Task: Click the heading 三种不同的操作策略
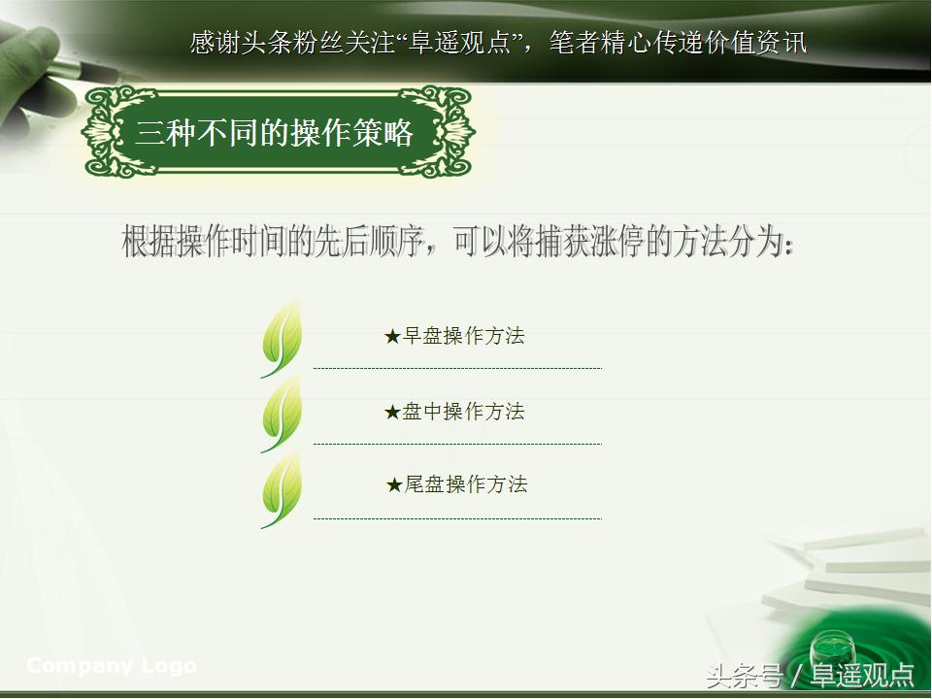[x=275, y=133]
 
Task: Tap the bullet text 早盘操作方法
[x=464, y=337]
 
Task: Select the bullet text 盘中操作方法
[x=464, y=412]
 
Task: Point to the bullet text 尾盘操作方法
[x=466, y=484]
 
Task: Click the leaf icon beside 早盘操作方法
[x=282, y=338]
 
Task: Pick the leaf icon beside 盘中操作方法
[x=282, y=414]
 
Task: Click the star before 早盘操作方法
[x=392, y=337]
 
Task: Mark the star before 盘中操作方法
[x=392, y=413]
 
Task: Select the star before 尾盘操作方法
[x=394, y=485]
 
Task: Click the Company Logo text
[x=112, y=666]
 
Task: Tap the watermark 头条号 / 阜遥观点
[x=810, y=675]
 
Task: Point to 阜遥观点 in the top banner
[x=473, y=43]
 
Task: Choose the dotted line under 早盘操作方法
[x=457, y=369]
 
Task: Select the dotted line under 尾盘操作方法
[x=457, y=519]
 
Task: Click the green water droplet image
[x=831, y=647]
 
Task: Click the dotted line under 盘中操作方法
[x=457, y=445]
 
